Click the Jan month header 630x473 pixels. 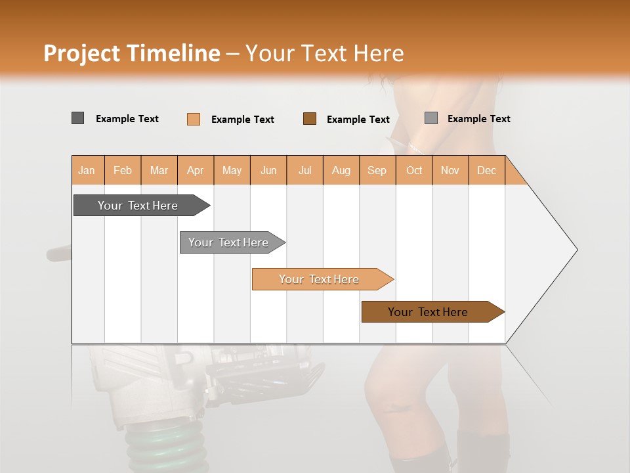87,170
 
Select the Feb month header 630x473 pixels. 123,170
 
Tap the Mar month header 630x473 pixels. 159,170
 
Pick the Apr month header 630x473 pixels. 196,170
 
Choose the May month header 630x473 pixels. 232,170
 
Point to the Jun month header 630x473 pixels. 268,170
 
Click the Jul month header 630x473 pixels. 304,170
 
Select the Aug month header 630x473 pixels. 341,170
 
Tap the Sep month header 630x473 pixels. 377,170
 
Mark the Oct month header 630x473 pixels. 414,170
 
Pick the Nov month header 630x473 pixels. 450,170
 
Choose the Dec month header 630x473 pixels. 487,170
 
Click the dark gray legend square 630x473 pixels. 78,118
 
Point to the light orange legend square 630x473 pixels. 194,119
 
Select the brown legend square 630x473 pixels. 310,119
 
